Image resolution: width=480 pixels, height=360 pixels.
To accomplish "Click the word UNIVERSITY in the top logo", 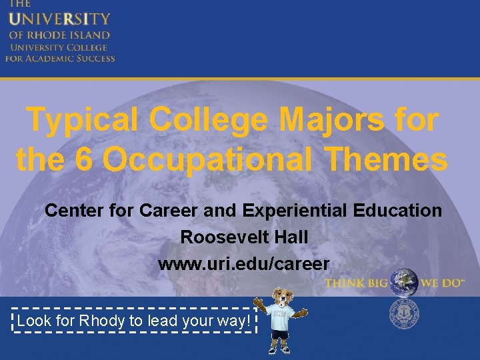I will click(x=59, y=20).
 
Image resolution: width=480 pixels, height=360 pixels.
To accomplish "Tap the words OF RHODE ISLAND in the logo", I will click(x=59, y=35).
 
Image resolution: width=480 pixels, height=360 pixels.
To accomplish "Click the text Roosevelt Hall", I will click(x=243, y=237).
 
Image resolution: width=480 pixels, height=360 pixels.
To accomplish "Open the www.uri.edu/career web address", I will click(x=243, y=263).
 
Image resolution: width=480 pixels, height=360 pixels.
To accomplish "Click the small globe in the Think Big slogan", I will click(x=403, y=283).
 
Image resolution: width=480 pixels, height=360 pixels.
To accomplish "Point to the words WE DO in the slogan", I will click(x=441, y=283).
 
